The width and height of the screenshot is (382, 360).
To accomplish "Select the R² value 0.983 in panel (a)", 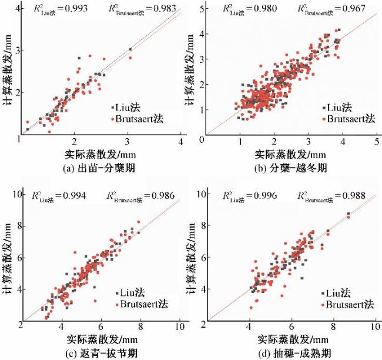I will [x=155, y=9].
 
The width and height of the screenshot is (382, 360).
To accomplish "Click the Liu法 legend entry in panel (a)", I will [x=128, y=108].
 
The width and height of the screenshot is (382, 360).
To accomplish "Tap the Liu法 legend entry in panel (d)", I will [x=342, y=293].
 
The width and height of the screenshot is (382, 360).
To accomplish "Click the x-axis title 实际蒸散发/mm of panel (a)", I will [x=99, y=154].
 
